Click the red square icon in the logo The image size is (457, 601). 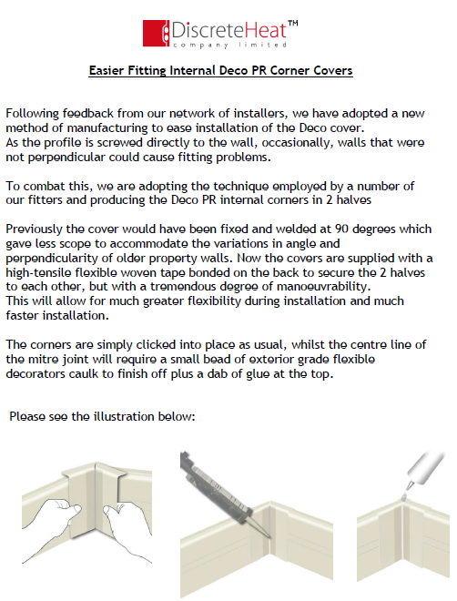coord(156,33)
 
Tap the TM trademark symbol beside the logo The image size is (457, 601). coord(292,24)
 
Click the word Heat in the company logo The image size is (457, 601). coord(265,30)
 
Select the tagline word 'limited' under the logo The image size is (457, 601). coord(262,45)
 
